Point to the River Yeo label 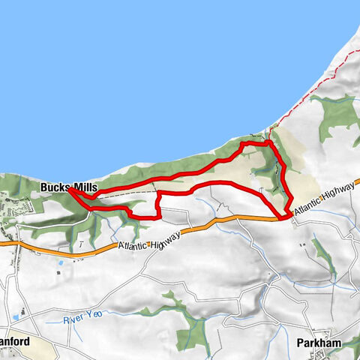point(82,320)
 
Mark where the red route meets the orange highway point(283,217)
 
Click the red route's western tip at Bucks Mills point(70,190)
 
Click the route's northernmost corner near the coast point(268,140)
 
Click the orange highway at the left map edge point(2,242)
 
